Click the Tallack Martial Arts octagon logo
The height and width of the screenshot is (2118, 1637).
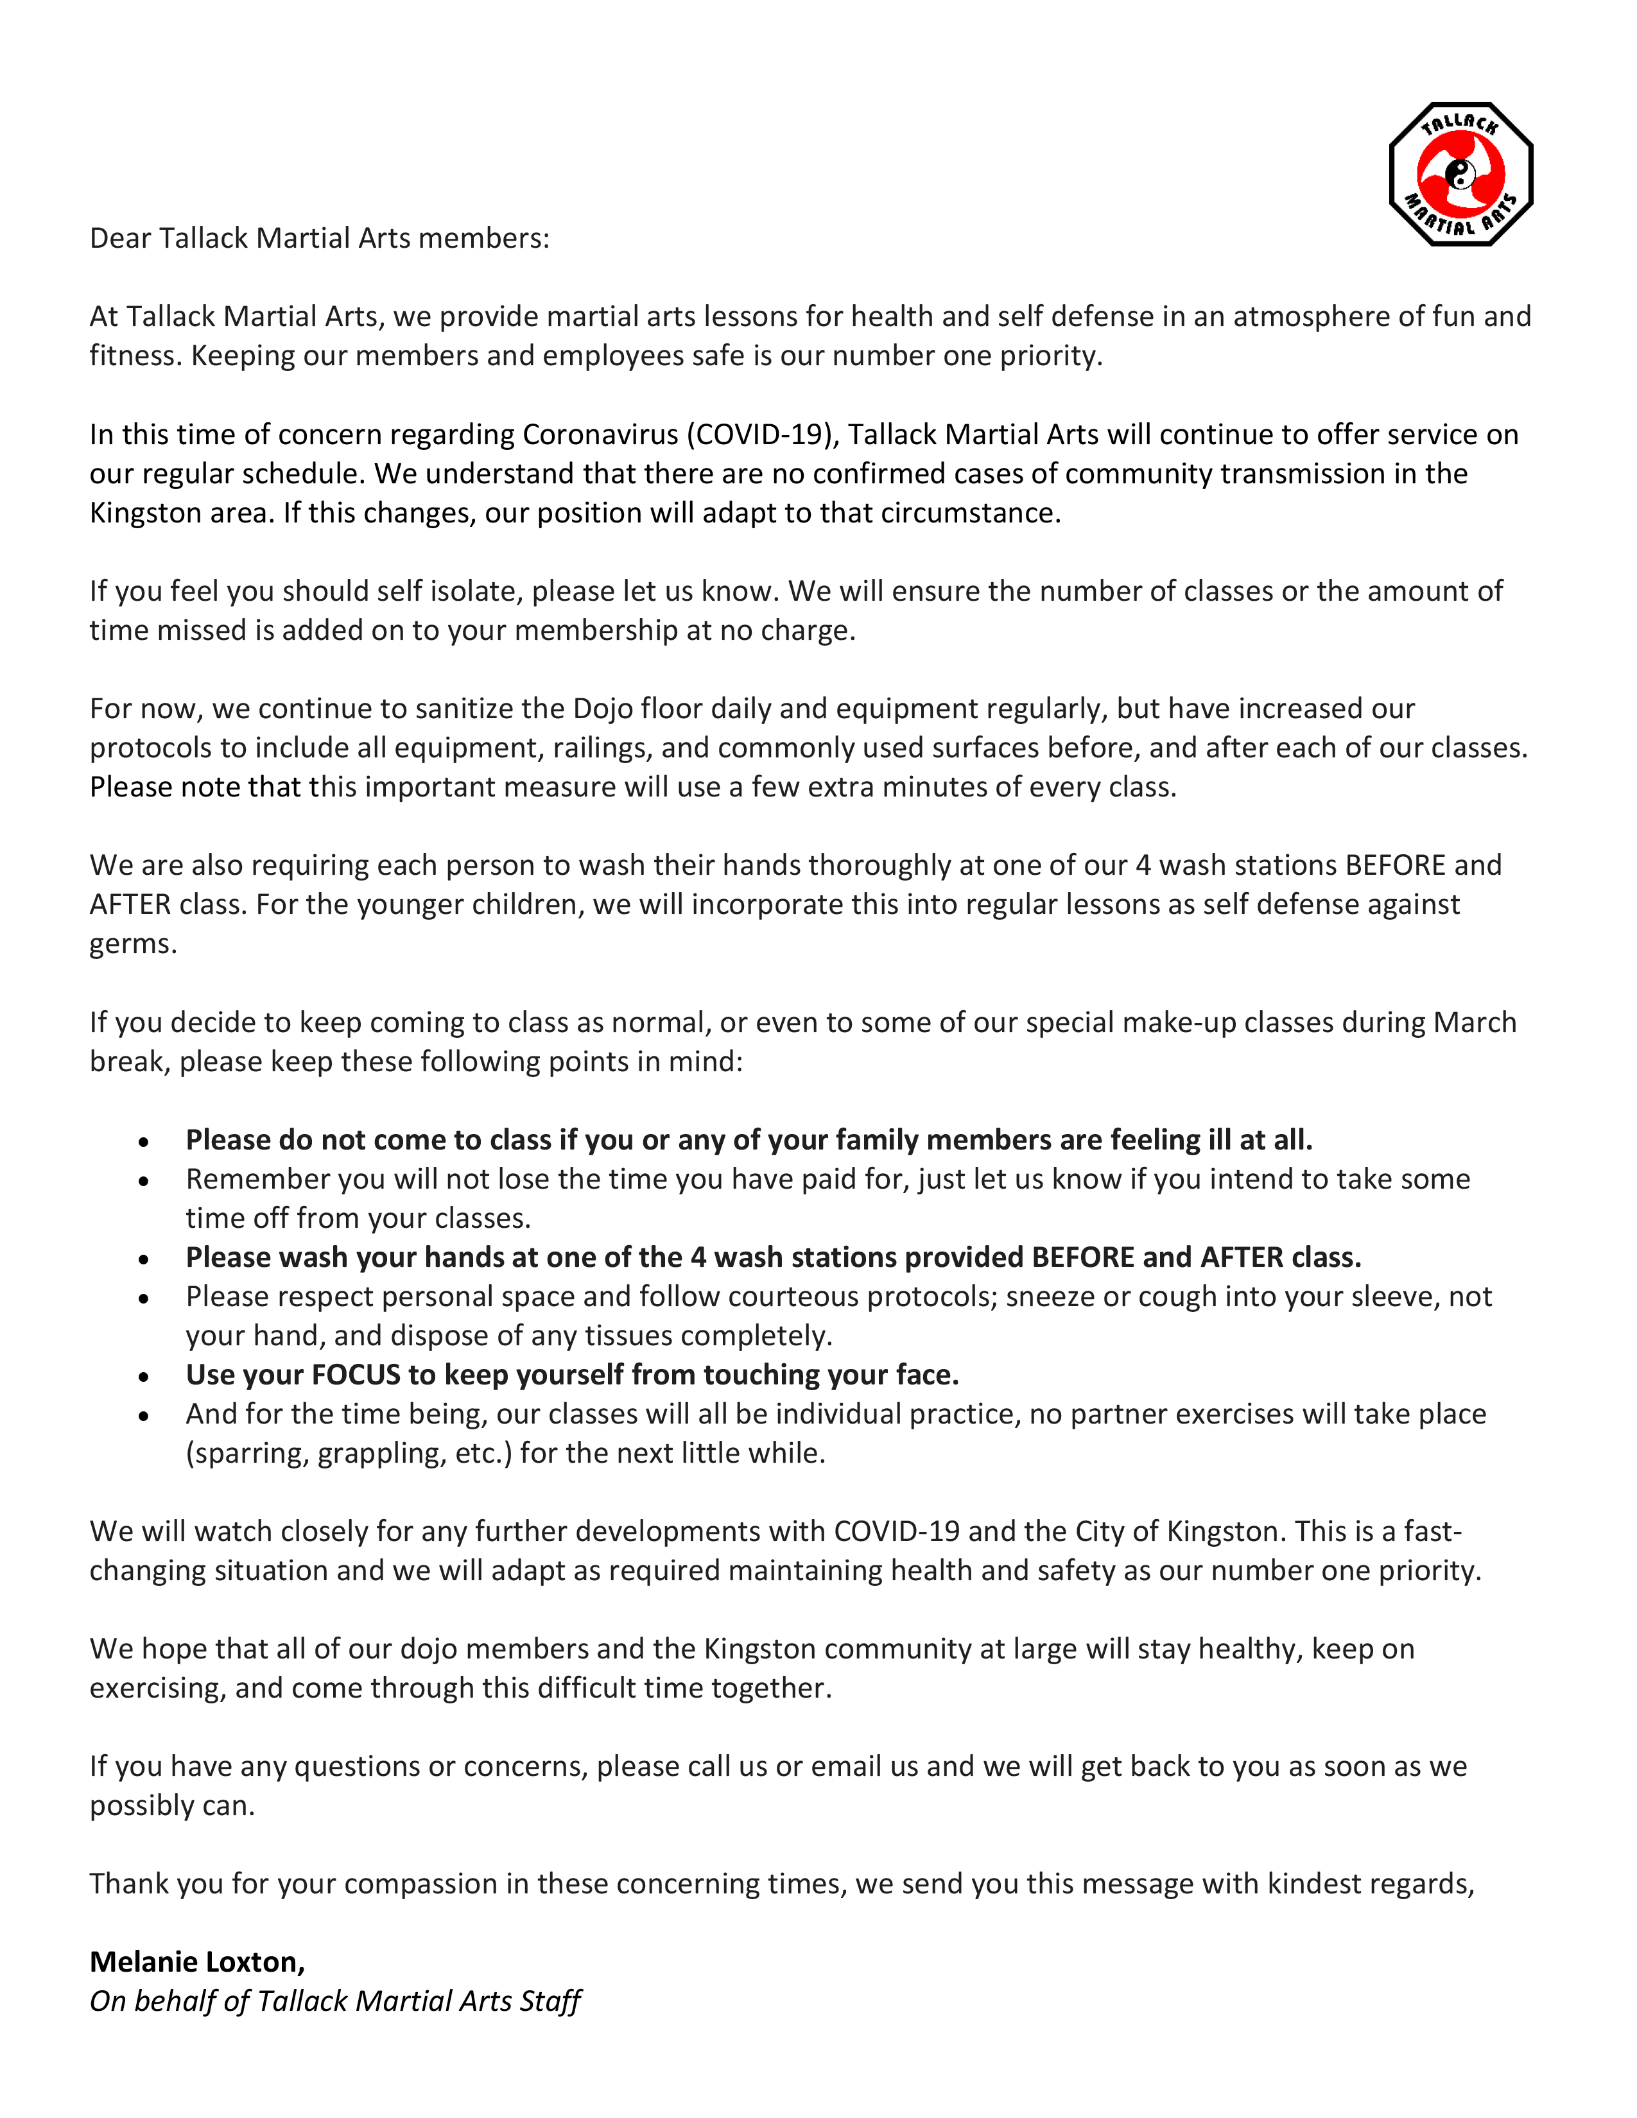point(1460,175)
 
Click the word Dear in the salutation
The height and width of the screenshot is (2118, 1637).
point(120,239)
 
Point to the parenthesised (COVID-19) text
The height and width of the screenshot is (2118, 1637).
point(762,435)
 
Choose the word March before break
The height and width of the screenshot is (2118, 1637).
point(1475,1022)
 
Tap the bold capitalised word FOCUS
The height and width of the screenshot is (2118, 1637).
point(356,1375)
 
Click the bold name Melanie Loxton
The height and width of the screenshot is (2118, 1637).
point(197,1962)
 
